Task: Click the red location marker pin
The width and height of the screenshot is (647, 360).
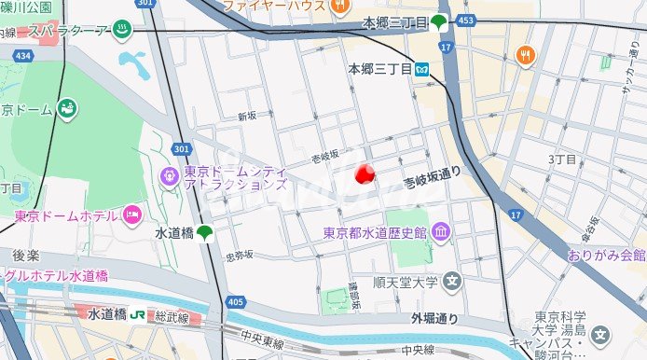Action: coord(365,173)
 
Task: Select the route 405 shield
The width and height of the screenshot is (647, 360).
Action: coord(235,301)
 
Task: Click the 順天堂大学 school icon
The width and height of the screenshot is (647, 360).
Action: coord(452,280)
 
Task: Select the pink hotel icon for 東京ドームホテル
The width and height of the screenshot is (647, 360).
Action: coord(132,215)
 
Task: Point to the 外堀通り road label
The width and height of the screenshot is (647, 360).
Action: coord(435,319)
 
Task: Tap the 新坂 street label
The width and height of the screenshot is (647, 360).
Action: coord(246,117)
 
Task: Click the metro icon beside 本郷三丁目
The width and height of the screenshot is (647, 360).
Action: coord(422,68)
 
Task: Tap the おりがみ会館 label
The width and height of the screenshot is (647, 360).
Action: coord(606,255)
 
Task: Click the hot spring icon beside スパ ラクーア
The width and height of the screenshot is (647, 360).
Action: coord(122,30)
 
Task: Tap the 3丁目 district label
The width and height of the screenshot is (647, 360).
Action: coord(563,159)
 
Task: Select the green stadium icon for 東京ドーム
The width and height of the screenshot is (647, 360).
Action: coord(66,108)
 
